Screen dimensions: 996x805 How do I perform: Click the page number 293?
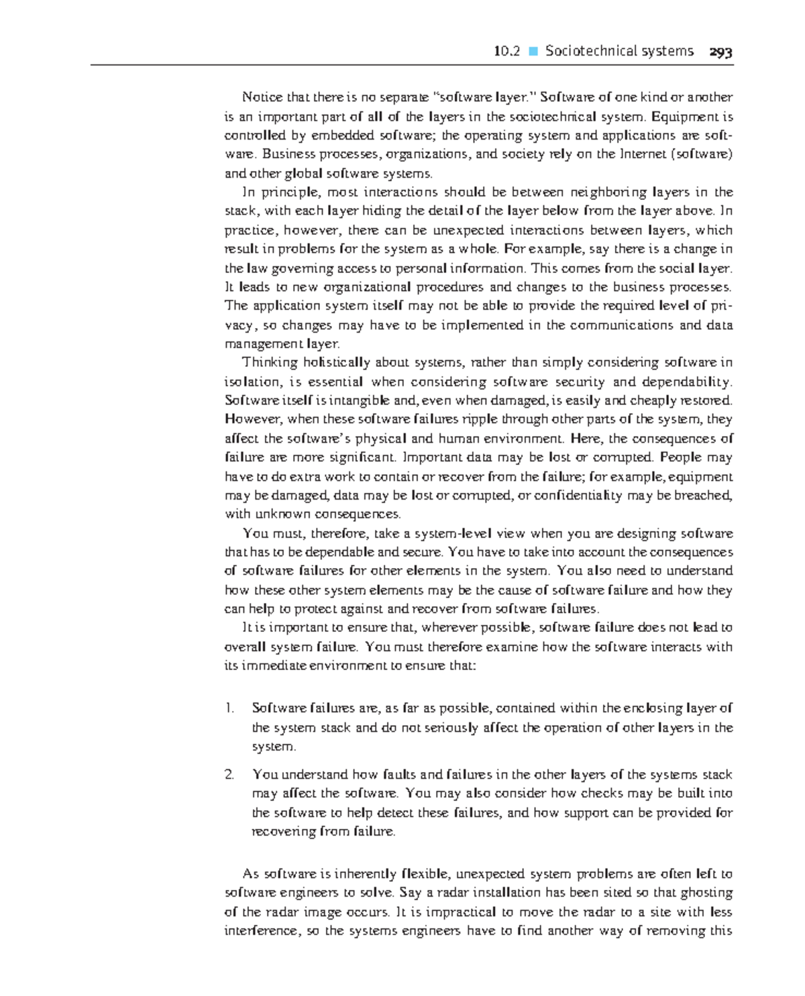(721, 52)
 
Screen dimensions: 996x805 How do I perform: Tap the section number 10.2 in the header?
(506, 52)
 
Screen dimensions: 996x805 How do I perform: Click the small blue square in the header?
(533, 52)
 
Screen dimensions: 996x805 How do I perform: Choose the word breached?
(707, 496)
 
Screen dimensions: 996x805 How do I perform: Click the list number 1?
(229, 708)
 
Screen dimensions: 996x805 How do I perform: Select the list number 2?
(229, 775)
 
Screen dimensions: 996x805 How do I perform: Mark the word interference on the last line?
(262, 931)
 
